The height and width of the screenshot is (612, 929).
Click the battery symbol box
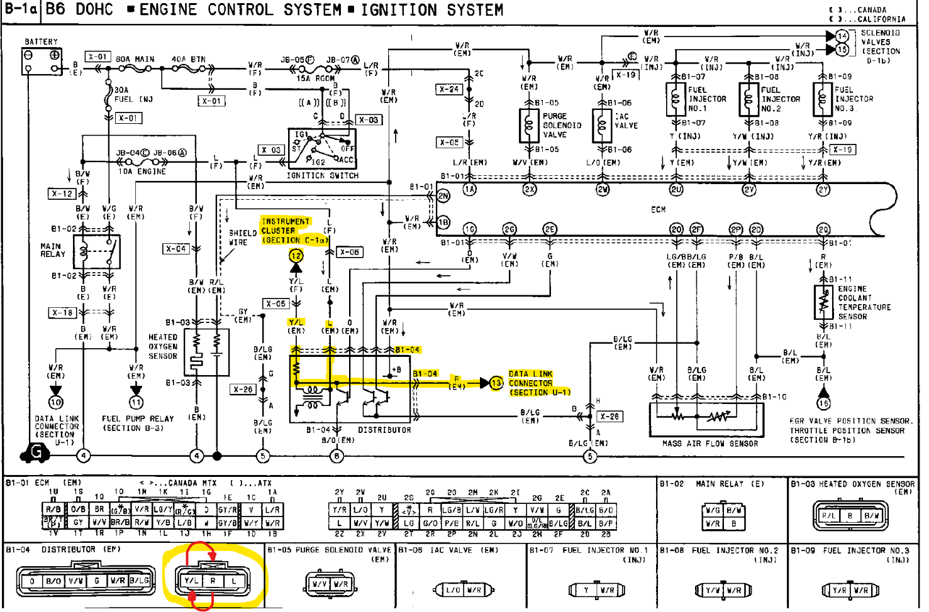(x=42, y=61)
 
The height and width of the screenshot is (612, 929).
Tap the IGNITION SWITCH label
(x=322, y=176)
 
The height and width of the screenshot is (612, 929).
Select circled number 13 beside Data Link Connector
(x=496, y=383)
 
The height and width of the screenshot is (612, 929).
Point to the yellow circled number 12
(x=296, y=255)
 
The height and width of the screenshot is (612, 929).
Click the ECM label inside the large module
(x=658, y=209)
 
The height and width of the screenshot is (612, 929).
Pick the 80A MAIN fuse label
(x=135, y=59)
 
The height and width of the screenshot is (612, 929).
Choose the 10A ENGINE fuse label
(x=142, y=172)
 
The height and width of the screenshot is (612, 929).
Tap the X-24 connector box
(x=449, y=89)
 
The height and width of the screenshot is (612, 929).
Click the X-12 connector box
(x=62, y=194)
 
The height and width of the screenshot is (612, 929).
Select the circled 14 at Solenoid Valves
(x=842, y=36)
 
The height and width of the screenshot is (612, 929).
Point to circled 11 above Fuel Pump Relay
(x=136, y=402)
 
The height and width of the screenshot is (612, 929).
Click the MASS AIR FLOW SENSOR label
(x=709, y=444)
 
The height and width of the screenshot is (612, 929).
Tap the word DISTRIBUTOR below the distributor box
(x=384, y=430)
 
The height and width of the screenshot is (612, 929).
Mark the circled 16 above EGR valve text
(x=823, y=403)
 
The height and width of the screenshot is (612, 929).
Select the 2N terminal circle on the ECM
(x=443, y=196)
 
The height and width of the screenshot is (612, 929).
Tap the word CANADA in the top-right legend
(x=872, y=10)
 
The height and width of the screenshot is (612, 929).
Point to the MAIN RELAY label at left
(x=52, y=250)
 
